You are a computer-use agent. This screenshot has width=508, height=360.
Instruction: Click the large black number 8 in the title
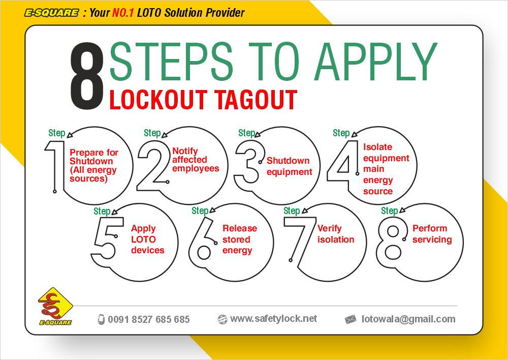pos(86,77)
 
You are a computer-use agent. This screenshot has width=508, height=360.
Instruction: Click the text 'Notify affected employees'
pos(196,160)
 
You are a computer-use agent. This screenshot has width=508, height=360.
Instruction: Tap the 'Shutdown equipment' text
pos(289,166)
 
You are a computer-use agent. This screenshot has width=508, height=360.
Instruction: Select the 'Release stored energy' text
pos(239,239)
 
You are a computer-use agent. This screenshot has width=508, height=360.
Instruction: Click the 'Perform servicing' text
pos(432,234)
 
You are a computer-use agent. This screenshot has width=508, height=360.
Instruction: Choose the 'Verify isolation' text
pos(336,234)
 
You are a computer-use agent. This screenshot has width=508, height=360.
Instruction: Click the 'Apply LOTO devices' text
pos(147,239)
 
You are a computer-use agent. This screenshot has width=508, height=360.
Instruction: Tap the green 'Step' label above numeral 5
pos(102,211)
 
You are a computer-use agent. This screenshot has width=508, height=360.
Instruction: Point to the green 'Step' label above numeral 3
pos(247,133)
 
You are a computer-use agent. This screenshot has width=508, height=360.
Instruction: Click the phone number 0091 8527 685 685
pos(148,319)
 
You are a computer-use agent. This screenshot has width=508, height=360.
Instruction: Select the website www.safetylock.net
pos(273,318)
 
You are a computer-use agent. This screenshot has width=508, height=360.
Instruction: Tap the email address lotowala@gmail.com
pos(408,319)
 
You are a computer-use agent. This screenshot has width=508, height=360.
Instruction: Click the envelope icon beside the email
pos(350,319)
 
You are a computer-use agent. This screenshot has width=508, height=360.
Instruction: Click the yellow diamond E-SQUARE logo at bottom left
pos(55,306)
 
